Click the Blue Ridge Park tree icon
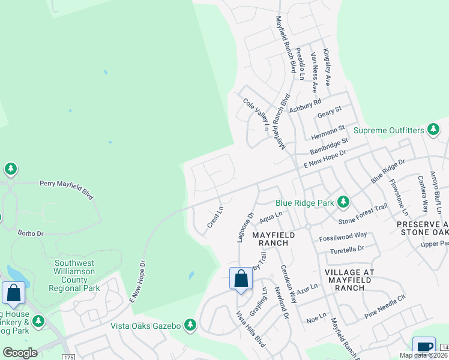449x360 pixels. point(343,202)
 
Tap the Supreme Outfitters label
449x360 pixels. point(388,130)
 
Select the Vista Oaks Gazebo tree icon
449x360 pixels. point(190,325)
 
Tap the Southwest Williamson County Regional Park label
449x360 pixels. point(77,275)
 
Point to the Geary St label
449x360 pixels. point(329,111)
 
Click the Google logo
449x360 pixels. point(20,352)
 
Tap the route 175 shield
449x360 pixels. point(69,356)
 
